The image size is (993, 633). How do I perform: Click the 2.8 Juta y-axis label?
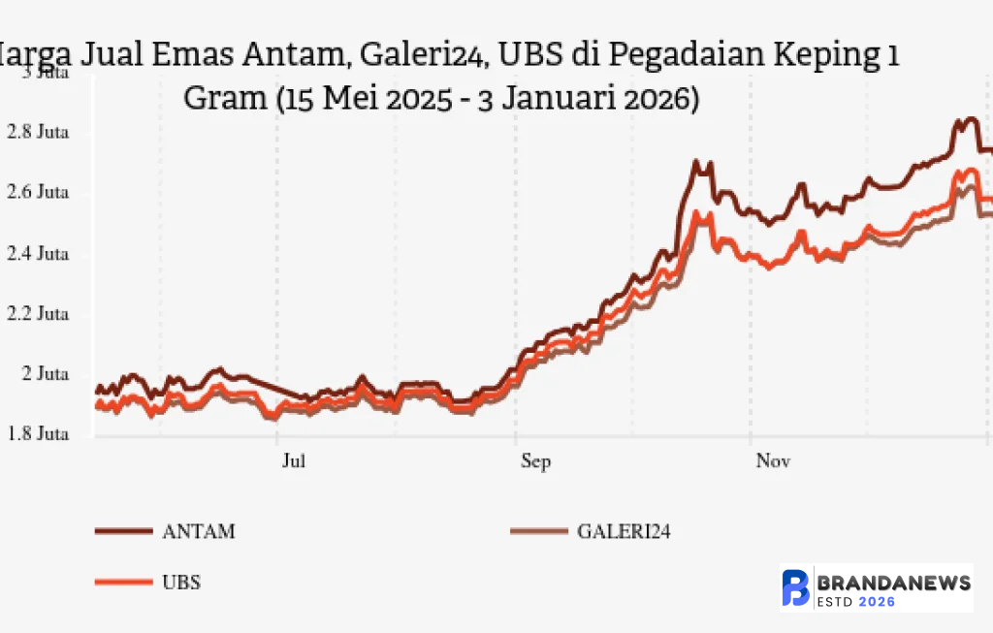(38, 133)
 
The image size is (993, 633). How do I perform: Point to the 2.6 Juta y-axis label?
(38, 193)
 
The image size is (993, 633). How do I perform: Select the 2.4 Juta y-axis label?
(38, 254)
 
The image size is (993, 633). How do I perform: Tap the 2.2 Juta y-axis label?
(38, 314)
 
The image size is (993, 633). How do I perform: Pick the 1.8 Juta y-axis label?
(38, 434)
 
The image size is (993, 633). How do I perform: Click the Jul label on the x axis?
(294, 461)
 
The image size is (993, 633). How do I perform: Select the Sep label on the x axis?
(535, 461)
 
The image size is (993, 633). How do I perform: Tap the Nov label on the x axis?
(773, 461)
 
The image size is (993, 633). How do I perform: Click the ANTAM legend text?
(199, 531)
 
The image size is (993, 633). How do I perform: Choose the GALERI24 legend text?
(624, 531)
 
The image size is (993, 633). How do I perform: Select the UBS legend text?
(181, 583)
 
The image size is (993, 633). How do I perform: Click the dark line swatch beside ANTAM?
(123, 531)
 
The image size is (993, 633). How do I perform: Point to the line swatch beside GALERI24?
(538, 531)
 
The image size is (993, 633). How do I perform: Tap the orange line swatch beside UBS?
(123, 583)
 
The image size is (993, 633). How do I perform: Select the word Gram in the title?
(225, 99)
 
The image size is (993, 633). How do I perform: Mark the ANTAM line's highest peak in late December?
(967, 120)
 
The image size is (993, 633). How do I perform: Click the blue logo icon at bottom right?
(796, 588)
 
